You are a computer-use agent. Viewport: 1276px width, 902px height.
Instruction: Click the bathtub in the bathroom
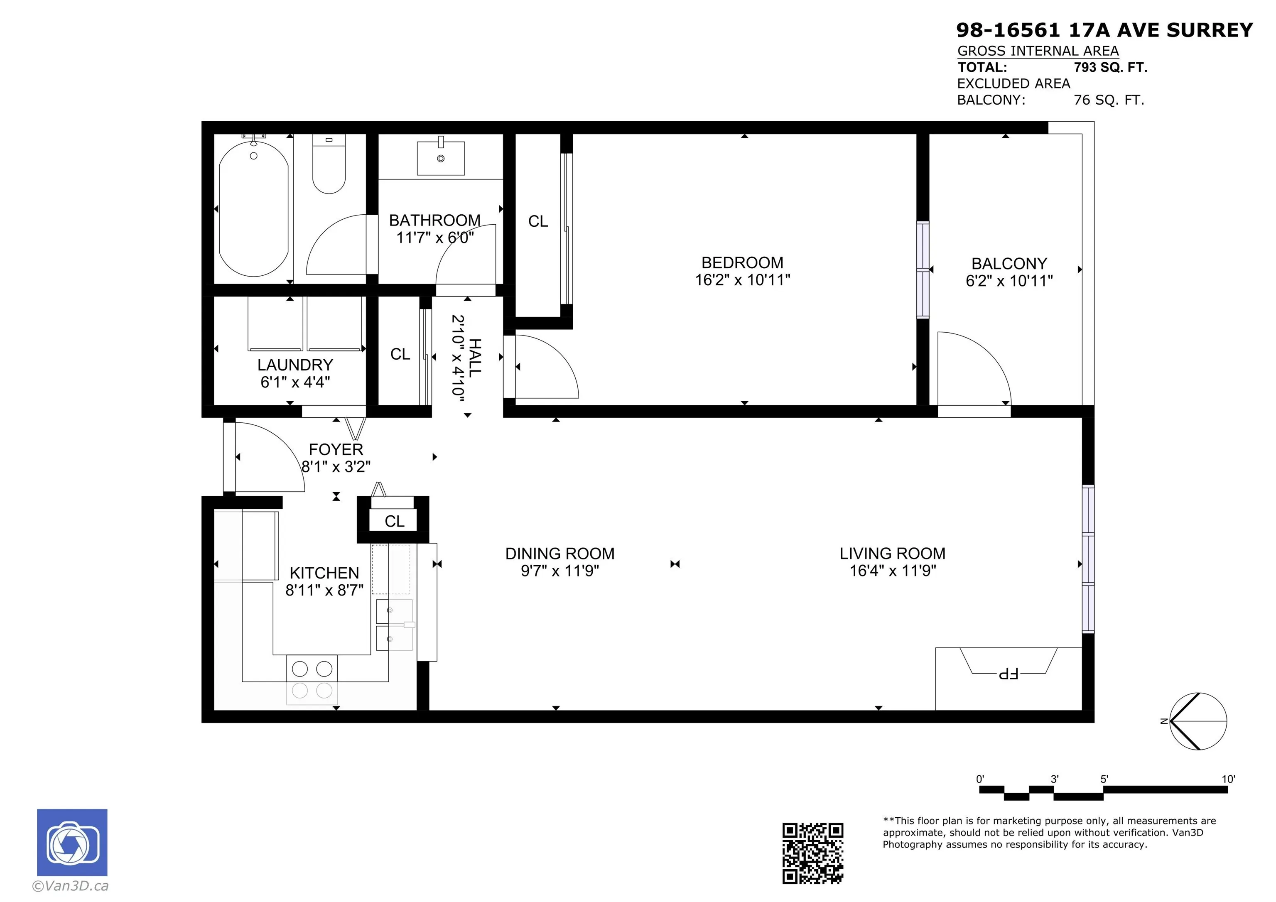click(253, 208)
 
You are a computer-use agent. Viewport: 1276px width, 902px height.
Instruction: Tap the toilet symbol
click(329, 164)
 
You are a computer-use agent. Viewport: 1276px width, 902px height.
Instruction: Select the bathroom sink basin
click(441, 158)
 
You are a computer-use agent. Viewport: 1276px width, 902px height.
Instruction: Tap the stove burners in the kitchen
click(312, 679)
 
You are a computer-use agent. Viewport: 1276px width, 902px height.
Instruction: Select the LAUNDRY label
click(295, 365)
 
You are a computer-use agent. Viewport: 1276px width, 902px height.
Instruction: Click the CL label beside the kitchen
click(394, 521)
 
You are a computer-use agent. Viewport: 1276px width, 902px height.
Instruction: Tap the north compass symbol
click(1197, 721)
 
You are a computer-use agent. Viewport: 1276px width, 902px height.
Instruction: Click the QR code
click(812, 853)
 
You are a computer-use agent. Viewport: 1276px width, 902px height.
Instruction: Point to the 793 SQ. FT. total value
click(1110, 67)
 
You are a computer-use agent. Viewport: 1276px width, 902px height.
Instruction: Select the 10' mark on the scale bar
click(1228, 779)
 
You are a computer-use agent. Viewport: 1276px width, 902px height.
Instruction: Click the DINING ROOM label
click(559, 554)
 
